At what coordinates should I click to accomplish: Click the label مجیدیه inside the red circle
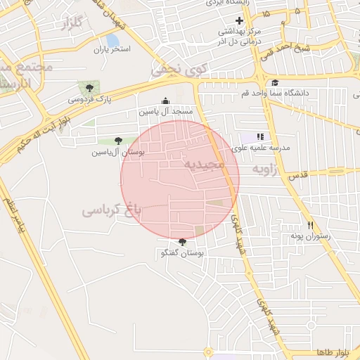pos(204,164)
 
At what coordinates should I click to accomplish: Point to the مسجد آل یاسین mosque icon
pos(165,101)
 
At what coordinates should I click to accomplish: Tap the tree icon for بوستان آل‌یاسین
pos(117,141)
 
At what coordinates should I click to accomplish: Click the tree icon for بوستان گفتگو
pos(183,242)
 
